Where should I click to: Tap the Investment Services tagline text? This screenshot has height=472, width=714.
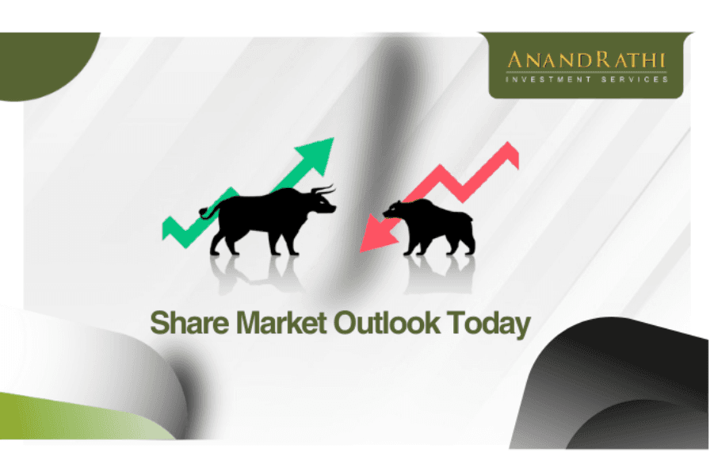tap(587, 79)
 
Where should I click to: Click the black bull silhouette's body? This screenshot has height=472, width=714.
tap(262, 214)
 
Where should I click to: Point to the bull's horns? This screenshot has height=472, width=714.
tap(322, 190)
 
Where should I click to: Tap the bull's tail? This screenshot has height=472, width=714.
tap(207, 211)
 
